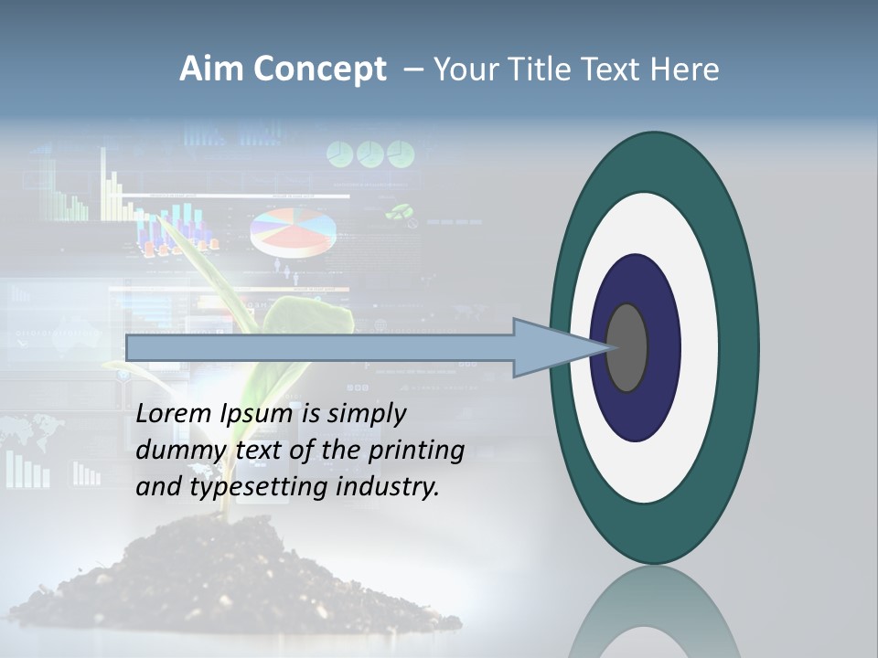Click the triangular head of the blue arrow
(549, 347)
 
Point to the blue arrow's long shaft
(320, 347)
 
